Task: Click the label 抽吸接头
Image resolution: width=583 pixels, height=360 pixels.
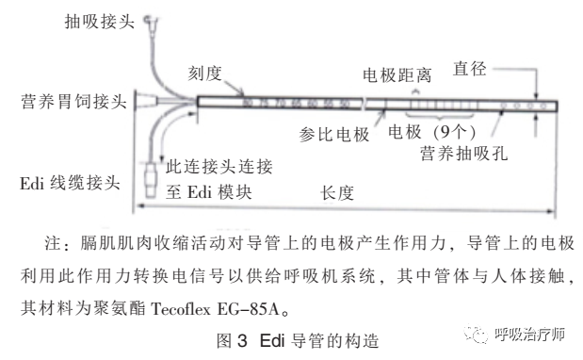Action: click(x=99, y=18)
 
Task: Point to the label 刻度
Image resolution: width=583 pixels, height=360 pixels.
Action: click(x=203, y=71)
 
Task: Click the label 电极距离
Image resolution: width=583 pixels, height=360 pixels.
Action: click(x=408, y=72)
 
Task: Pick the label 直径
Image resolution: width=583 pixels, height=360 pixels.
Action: click(x=471, y=69)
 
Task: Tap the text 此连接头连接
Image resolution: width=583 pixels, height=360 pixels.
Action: click(x=219, y=168)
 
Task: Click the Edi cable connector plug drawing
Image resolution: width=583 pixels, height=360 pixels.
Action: click(x=153, y=179)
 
